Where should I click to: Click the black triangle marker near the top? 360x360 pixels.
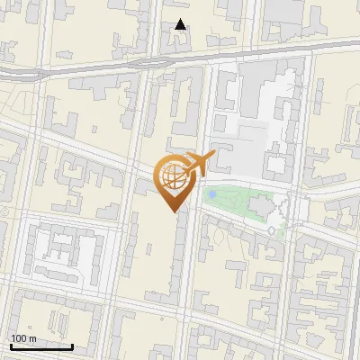click(x=181, y=24)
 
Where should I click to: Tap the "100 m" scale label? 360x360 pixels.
click(x=23, y=339)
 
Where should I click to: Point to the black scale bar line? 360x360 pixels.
click(x=41, y=346)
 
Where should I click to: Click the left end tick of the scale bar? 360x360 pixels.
click(x=11, y=345)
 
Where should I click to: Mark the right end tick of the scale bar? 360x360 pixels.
click(x=72, y=345)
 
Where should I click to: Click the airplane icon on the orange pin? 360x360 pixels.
click(x=199, y=163)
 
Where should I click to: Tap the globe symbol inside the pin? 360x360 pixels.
click(x=172, y=177)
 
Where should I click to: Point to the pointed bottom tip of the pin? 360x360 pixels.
click(x=172, y=211)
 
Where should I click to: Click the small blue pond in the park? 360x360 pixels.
click(x=212, y=193)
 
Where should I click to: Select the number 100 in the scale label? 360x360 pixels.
click(x=19, y=339)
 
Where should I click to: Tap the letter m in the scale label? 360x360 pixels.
click(x=32, y=339)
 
